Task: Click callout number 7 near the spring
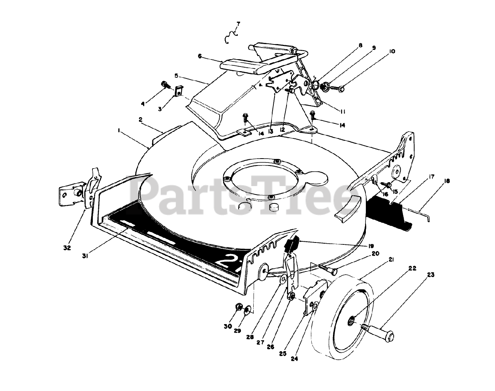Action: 238,24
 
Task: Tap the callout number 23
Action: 431,275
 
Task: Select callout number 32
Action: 67,248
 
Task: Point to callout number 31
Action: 85,256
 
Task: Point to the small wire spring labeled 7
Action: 231,36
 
